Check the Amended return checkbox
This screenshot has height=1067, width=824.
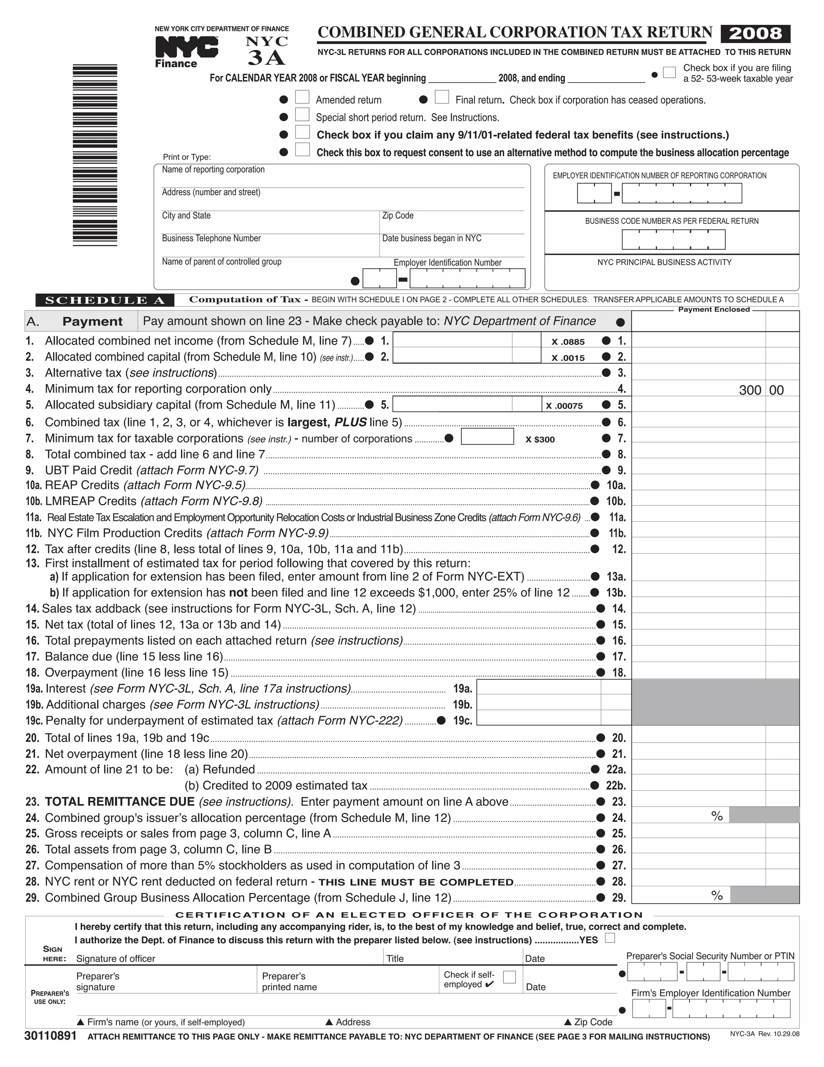pyautogui.click(x=302, y=98)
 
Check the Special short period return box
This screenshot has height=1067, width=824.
pyautogui.click(x=302, y=115)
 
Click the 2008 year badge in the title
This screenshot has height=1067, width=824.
pyautogui.click(x=755, y=34)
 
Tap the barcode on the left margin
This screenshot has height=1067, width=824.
pyautogui.click(x=95, y=155)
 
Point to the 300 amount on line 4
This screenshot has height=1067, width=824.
pyautogui.click(x=750, y=390)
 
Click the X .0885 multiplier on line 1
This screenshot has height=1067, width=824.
pyautogui.click(x=568, y=342)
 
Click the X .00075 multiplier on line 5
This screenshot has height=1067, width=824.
pyautogui.click(x=564, y=405)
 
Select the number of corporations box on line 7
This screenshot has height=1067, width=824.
pyautogui.click(x=487, y=436)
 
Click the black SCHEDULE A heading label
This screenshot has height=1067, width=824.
pyautogui.click(x=105, y=300)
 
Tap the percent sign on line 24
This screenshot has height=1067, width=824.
pyautogui.click(x=717, y=816)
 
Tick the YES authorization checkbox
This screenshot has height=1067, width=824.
pyautogui.click(x=610, y=937)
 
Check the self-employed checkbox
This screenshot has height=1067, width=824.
pyautogui.click(x=509, y=977)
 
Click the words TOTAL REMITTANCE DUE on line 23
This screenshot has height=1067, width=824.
pyautogui.click(x=119, y=802)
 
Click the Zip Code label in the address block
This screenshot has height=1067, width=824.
pyautogui.click(x=398, y=215)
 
